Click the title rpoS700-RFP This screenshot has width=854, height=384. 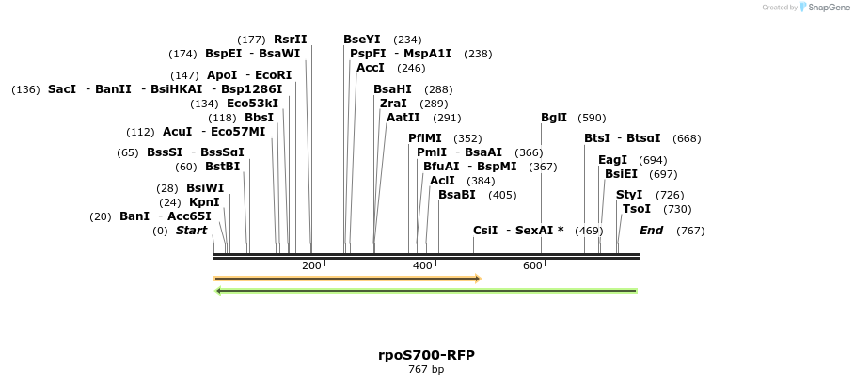pos(426,355)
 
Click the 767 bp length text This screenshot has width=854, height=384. pos(426,370)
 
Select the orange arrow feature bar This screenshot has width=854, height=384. pos(347,279)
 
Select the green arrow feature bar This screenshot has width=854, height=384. pos(426,291)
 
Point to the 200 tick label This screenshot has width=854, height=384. pos(310,266)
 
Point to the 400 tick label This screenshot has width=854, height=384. pos(421,266)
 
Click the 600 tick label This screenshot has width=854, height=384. pos(531,266)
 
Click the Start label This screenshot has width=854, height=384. pos(191,231)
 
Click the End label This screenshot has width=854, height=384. pos(652,231)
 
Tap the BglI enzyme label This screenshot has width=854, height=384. pos(554,118)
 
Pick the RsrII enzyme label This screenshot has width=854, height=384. pos(290,40)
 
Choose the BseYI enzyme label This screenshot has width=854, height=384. pos(362,40)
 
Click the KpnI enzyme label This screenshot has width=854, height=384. pos(204,202)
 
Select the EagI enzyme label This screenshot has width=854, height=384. pos(612,160)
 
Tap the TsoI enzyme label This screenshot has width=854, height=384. pos(637,209)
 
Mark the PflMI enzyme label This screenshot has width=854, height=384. pos(425,138)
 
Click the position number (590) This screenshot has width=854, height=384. pos(592,118)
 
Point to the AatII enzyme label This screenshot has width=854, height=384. pos(403,118)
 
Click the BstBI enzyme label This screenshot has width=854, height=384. pos(223,167)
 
